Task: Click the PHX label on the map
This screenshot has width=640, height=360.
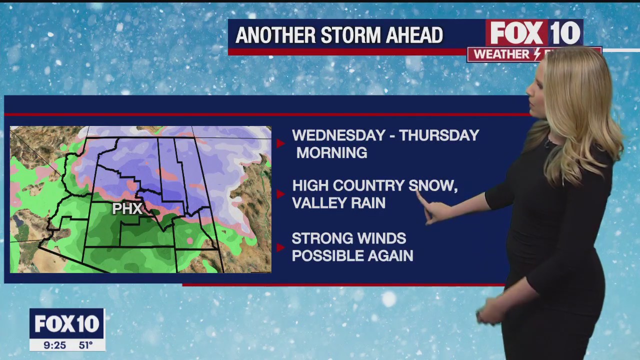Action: pos(127,208)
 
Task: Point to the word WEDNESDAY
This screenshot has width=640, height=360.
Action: pos(338,135)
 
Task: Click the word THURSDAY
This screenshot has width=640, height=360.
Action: pos(439,135)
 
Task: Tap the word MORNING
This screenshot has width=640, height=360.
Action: pos(331,153)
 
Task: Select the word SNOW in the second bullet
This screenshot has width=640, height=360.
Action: pos(432,186)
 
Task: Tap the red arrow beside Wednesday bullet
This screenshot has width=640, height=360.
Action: pos(280,143)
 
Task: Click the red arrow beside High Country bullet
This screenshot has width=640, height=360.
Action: pos(280,194)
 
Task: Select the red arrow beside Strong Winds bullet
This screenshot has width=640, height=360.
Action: pos(280,247)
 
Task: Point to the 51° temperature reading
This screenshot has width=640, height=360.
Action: pos(85,345)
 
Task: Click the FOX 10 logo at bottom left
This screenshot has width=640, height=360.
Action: pos(67,324)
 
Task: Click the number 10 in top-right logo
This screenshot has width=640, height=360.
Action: pos(565,33)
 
